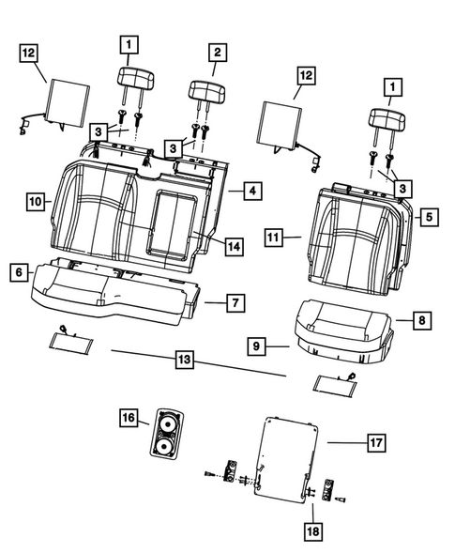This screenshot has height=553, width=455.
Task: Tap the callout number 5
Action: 428,218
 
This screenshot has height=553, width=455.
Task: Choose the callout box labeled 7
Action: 236,302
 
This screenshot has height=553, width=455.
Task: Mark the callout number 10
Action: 36,201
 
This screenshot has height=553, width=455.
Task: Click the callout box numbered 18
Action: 311,531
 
